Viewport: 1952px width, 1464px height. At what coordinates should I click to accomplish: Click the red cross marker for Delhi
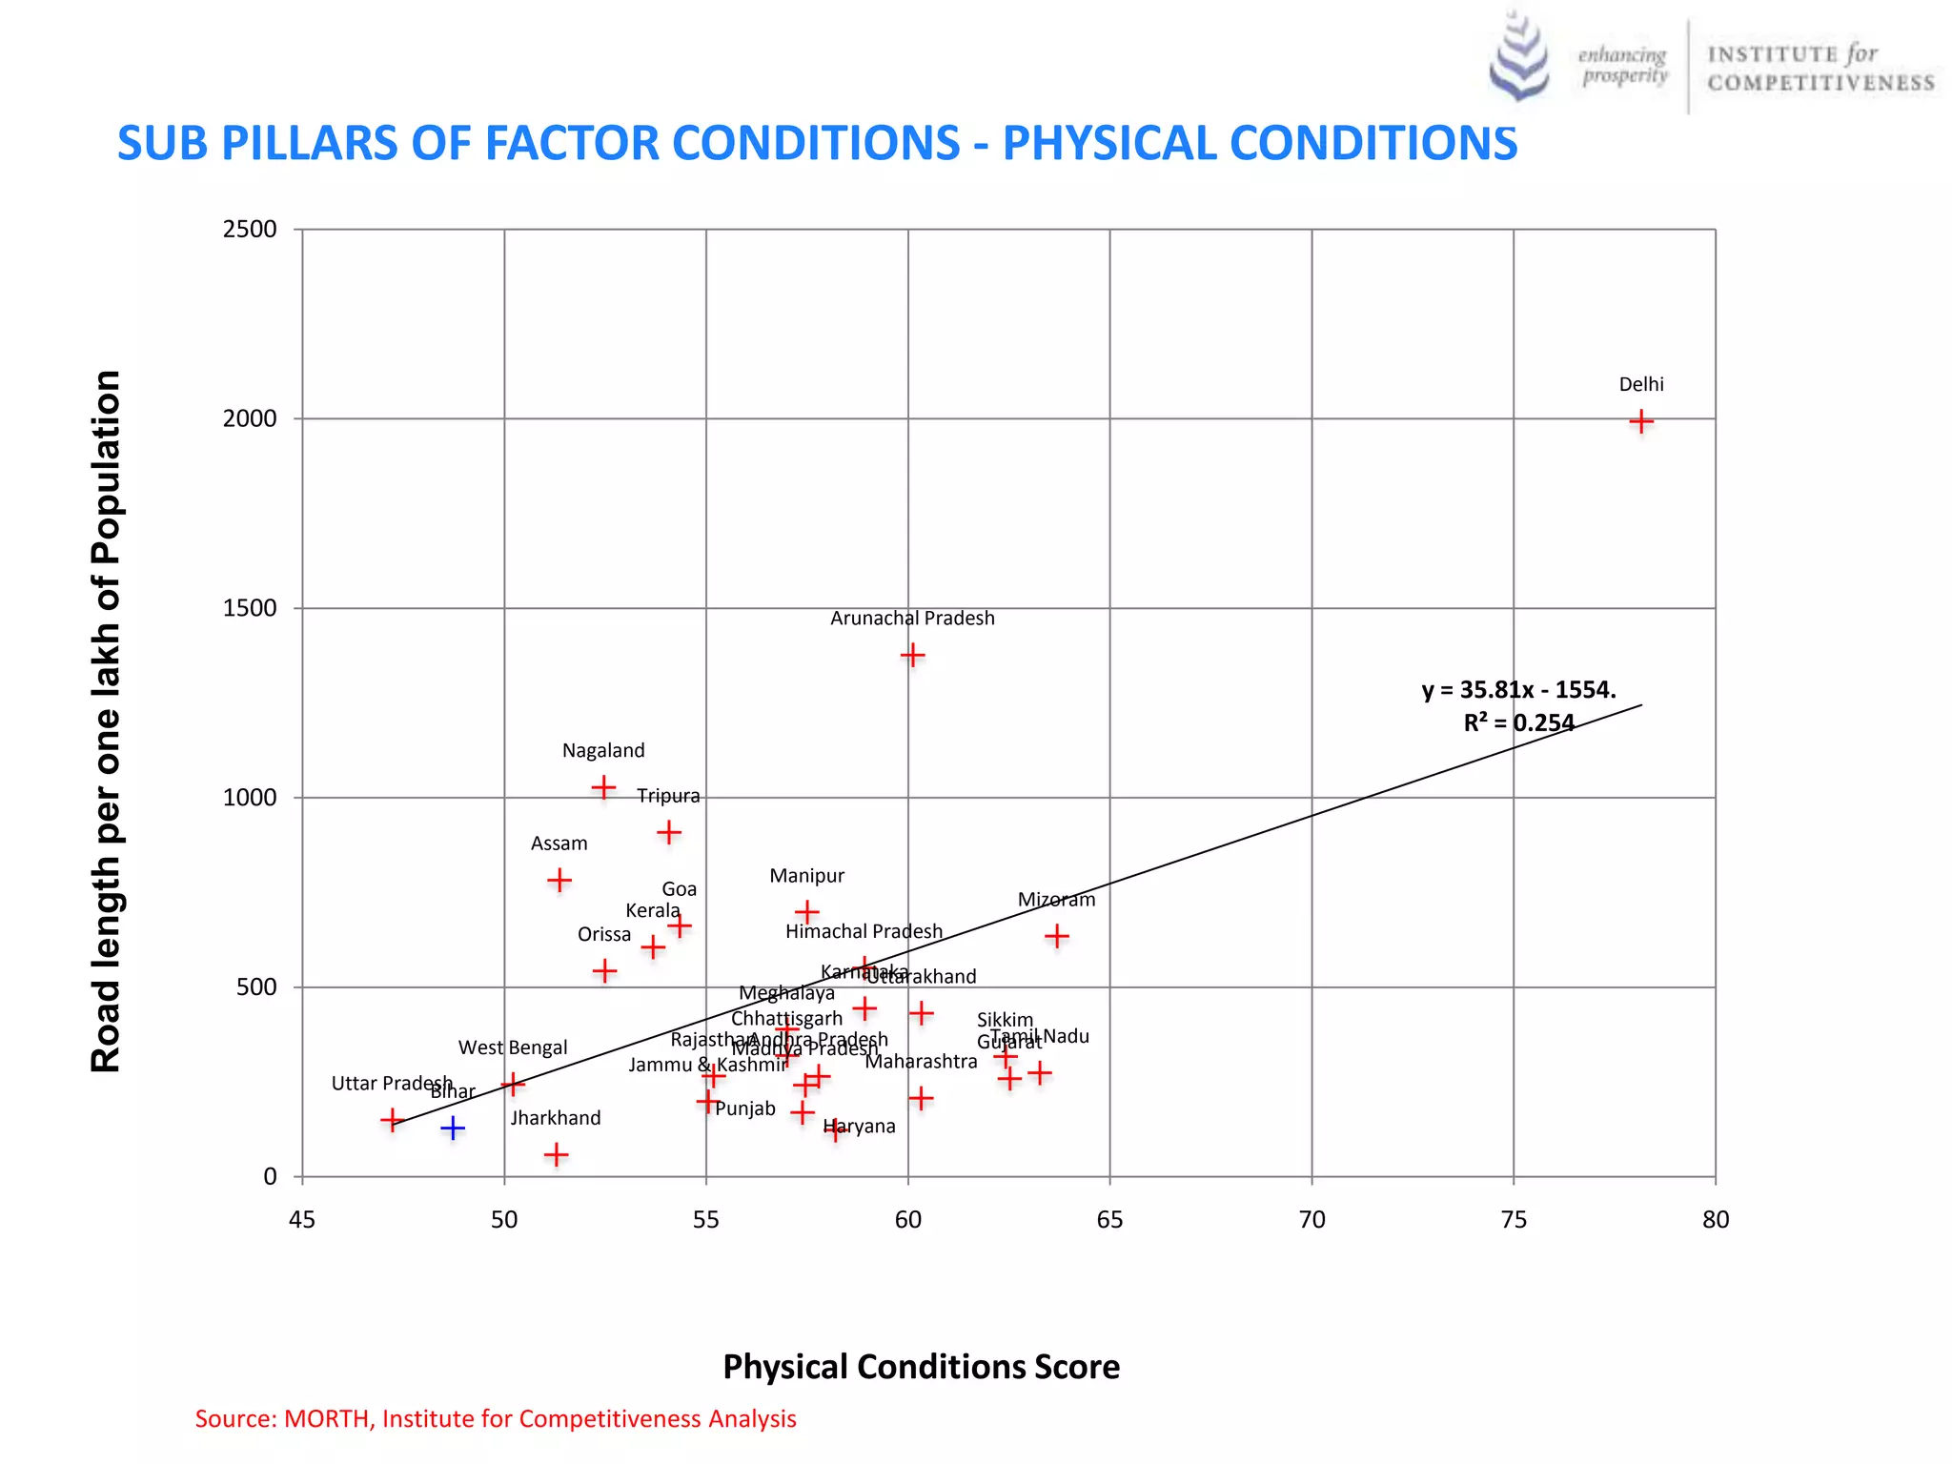pyautogui.click(x=1640, y=420)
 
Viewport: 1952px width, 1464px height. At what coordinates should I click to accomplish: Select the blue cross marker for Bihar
pyautogui.click(x=453, y=1128)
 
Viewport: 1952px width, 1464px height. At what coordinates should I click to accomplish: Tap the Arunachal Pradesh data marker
pyautogui.click(x=912, y=655)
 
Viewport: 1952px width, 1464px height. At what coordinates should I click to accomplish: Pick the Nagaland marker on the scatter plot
pyautogui.click(x=603, y=787)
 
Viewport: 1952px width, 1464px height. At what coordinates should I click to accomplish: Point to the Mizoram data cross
pyautogui.click(x=1056, y=936)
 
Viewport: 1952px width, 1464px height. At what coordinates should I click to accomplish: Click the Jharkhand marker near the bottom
pyautogui.click(x=556, y=1155)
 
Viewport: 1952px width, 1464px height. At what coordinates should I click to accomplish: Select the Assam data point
pyautogui.click(x=559, y=880)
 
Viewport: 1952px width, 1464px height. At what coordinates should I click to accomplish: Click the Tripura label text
pyautogui.click(x=668, y=796)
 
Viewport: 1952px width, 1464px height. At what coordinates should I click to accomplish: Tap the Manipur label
pyautogui.click(x=806, y=876)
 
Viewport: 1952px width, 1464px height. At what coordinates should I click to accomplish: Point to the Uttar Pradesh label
pyautogui.click(x=391, y=1084)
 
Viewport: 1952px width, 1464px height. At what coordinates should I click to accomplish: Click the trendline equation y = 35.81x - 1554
pyautogui.click(x=1518, y=690)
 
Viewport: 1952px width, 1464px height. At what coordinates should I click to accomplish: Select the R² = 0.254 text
pyautogui.click(x=1518, y=722)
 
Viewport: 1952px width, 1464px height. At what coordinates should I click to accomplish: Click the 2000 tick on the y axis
pyautogui.click(x=249, y=418)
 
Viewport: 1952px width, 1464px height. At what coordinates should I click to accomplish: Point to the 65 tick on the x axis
pyautogui.click(x=1109, y=1220)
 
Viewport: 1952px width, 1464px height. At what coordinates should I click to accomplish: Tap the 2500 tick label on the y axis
pyautogui.click(x=249, y=230)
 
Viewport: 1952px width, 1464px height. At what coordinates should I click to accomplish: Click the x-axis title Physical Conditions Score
pyautogui.click(x=921, y=1367)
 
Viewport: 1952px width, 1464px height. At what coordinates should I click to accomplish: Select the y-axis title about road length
pyautogui.click(x=106, y=722)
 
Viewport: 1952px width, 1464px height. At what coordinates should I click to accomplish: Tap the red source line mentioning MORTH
pyautogui.click(x=495, y=1419)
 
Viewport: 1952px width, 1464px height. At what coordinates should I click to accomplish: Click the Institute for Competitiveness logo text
pyautogui.click(x=1820, y=69)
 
